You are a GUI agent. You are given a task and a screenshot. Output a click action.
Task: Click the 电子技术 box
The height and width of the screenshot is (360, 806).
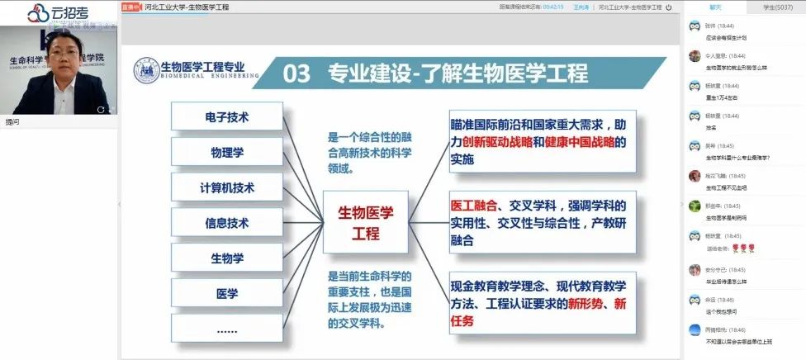pyautogui.click(x=226, y=116)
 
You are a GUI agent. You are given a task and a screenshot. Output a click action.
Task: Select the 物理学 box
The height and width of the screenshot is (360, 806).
pyautogui.click(x=226, y=152)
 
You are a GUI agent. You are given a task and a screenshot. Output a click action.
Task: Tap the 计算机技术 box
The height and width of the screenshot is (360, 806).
pyautogui.click(x=226, y=187)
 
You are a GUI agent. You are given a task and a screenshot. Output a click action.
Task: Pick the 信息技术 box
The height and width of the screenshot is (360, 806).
pyautogui.click(x=226, y=223)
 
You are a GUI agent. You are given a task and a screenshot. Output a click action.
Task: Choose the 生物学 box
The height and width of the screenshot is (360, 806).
pyautogui.click(x=226, y=258)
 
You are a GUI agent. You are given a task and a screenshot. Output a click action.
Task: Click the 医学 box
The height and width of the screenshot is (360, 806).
pyautogui.click(x=226, y=294)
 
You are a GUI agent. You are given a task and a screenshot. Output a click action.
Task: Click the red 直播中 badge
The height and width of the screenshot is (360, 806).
pyautogui.click(x=131, y=7)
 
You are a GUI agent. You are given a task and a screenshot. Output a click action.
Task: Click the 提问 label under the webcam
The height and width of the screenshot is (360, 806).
pyautogui.click(x=12, y=121)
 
